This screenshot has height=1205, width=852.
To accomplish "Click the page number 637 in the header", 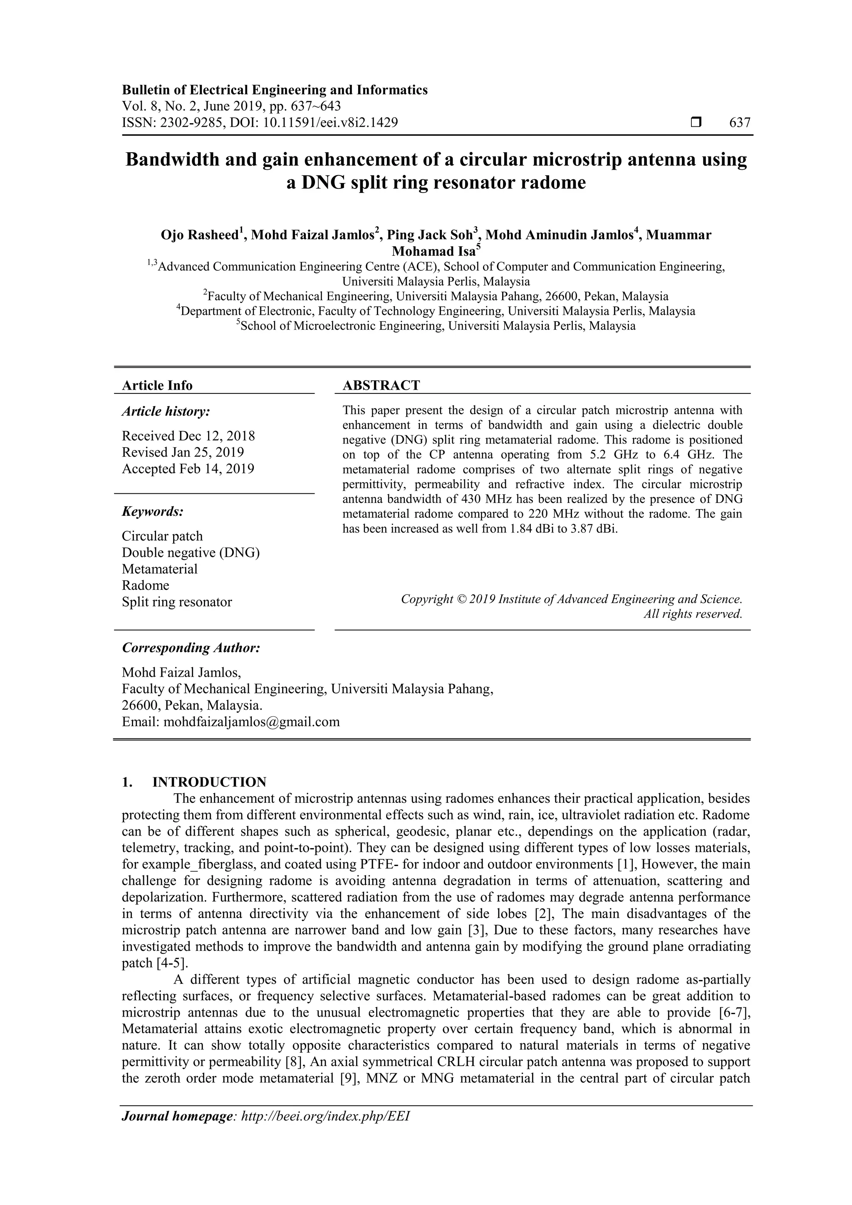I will point(740,123).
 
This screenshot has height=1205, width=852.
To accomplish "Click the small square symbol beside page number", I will point(696,123).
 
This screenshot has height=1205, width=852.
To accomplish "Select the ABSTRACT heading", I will point(381,385).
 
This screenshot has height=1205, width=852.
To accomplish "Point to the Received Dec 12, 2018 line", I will point(188,435).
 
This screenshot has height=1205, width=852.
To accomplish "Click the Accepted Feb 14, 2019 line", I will point(188,469).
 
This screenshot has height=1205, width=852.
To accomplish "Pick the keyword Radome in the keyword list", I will point(146,585).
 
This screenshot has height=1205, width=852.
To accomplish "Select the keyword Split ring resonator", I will point(176,601).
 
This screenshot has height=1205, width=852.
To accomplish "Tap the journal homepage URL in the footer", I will point(325,1131).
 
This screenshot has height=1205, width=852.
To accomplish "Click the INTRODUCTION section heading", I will point(209,782).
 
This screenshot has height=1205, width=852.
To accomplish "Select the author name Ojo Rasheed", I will point(200,235).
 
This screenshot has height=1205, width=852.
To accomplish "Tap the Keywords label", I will point(153,511).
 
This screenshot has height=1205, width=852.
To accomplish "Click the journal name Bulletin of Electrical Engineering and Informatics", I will point(275,90).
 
